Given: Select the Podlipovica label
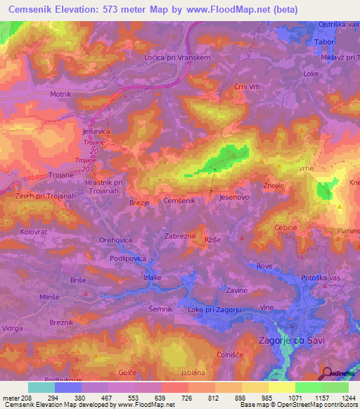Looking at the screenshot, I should tap(128, 259).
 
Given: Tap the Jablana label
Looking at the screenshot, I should tap(193, 372).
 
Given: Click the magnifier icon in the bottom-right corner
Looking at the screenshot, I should tap(327, 372).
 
